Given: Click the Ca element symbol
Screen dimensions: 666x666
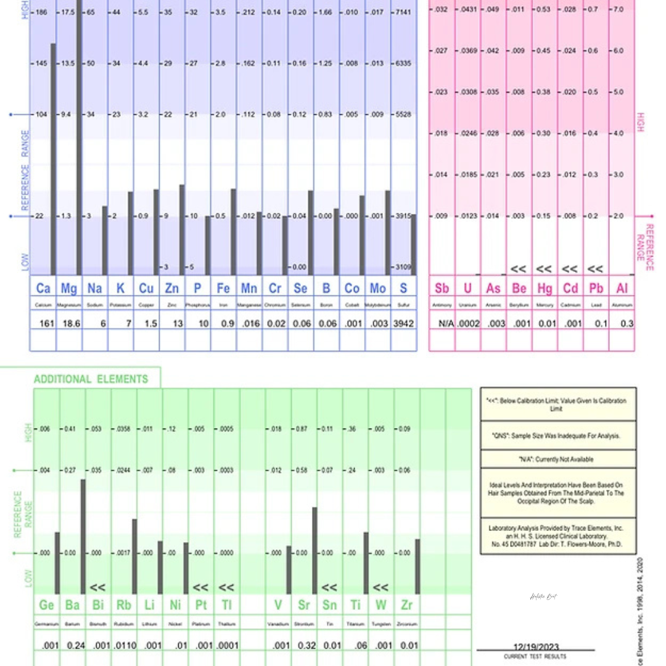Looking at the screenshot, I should coord(43,288).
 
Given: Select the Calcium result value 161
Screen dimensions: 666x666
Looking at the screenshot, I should coord(47,323).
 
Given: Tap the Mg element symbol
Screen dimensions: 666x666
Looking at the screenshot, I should coord(69,288).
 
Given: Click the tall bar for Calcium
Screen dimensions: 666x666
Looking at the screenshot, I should coord(54,160).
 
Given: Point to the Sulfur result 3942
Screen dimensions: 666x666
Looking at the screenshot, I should coord(403,323).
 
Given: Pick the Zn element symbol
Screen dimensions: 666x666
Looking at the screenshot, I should coord(172,288).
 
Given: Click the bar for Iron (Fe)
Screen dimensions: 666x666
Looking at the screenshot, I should coord(233,232).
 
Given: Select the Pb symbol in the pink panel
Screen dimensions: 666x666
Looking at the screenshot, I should coord(596,288).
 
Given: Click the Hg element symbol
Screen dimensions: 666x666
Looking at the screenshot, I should coord(545,288).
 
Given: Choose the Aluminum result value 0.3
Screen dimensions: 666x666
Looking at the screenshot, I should coord(627,323).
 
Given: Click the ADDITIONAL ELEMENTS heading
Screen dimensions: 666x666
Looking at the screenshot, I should coord(91,379).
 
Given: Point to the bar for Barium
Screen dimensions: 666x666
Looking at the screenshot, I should coord(83,536).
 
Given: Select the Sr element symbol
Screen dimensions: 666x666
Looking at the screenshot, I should coord(303,605).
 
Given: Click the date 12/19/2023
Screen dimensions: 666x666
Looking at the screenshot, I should coord(536,647).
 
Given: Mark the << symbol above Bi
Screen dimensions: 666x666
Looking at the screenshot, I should coord(97,588).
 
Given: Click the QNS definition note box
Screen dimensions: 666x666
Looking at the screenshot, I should coord(557,435).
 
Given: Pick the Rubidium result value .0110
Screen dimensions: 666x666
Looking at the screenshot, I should coord(124,646).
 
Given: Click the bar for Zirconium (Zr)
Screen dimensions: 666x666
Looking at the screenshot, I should coord(417,566).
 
